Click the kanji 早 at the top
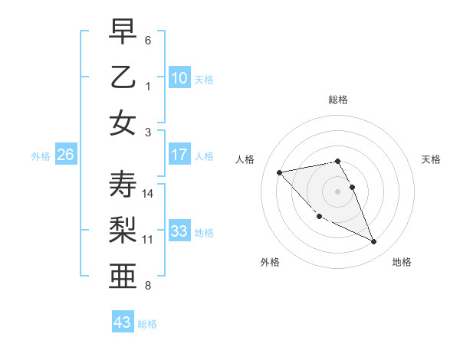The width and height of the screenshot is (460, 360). point(123,33)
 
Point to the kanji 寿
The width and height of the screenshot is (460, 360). point(123,185)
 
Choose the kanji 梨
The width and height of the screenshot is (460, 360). point(123,230)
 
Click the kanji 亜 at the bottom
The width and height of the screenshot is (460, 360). point(123,276)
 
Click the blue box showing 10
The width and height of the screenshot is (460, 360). point(179,77)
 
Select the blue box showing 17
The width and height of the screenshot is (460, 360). point(179,155)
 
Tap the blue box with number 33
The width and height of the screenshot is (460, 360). point(179,231)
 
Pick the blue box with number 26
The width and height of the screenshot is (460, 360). point(65,155)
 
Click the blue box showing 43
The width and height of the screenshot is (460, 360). point(123,322)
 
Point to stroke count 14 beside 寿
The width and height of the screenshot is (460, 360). point(148,194)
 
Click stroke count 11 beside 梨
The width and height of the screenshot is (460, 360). point(148,240)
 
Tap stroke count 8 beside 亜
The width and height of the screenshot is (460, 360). point(148,286)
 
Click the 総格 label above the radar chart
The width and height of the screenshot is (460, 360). point(338,100)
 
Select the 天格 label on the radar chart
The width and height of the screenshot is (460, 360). point(432,159)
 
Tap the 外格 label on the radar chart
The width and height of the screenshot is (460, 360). point(270,262)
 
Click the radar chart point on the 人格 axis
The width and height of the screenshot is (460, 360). point(279,172)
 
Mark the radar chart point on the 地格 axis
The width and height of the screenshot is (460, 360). point(374,242)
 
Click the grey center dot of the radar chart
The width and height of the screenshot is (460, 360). point(338,191)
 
